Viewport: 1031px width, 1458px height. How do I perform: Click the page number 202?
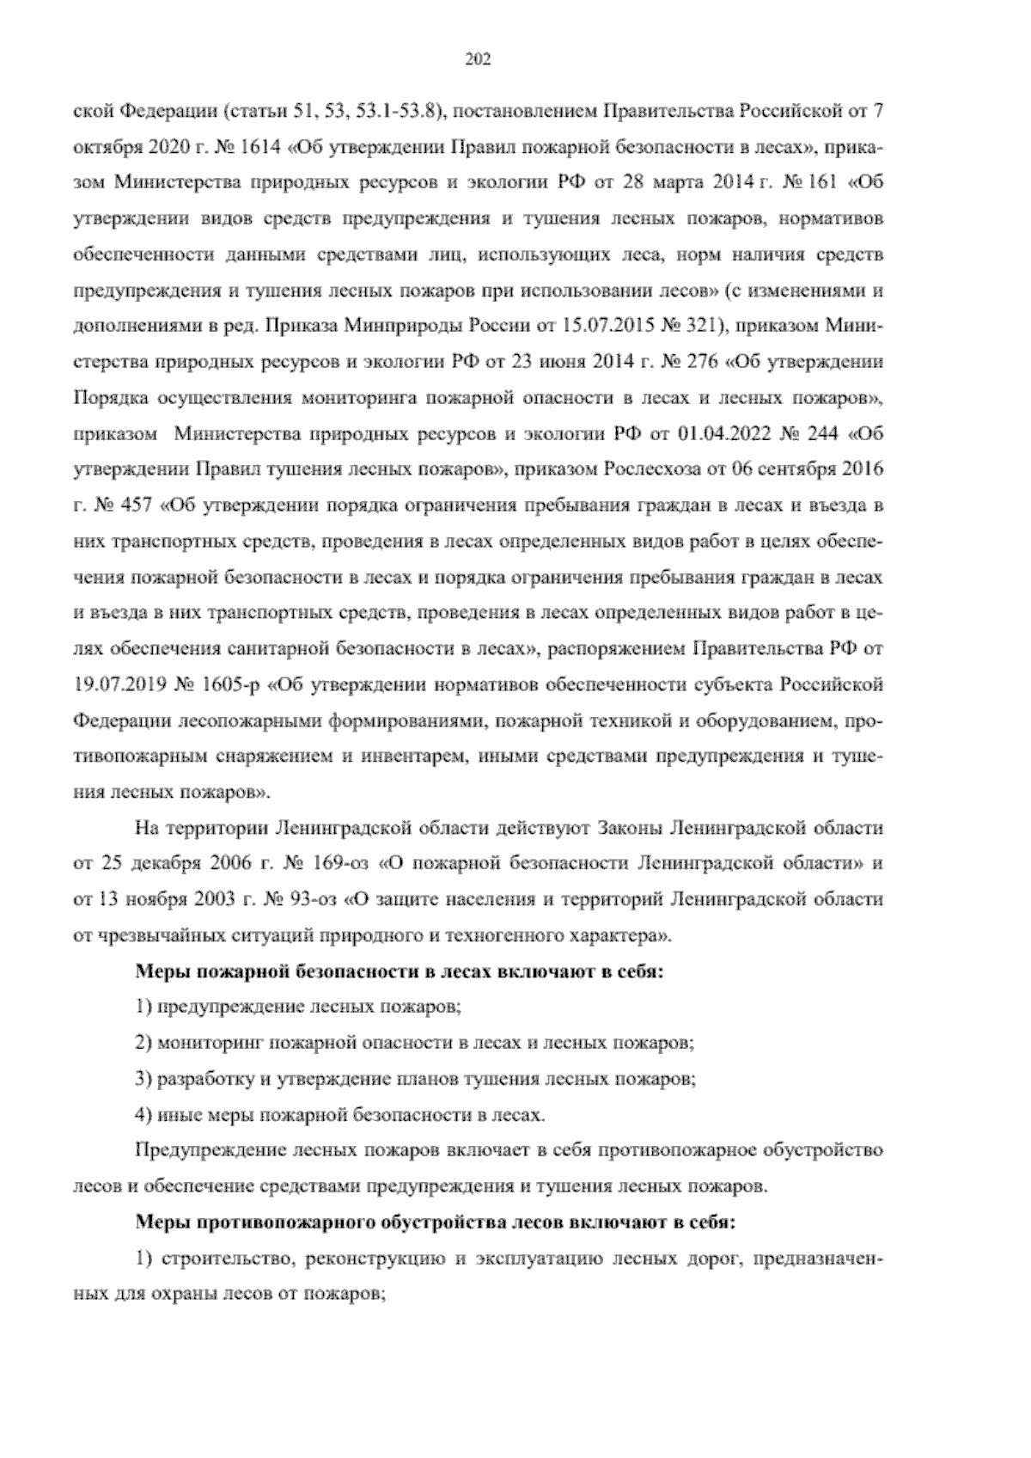click(x=477, y=59)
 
